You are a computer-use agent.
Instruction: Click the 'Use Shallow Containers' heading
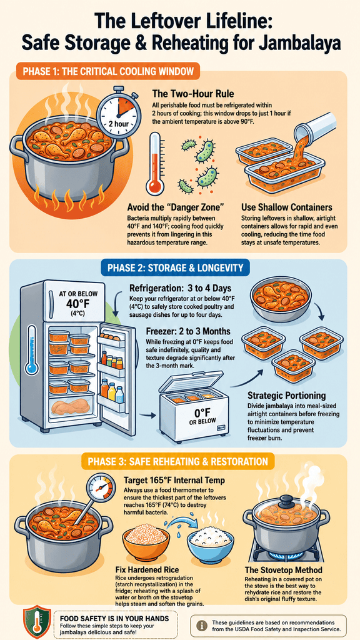pyautogui.click(x=286, y=207)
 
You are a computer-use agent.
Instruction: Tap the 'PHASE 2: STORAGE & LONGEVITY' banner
pyautogui.click(x=175, y=267)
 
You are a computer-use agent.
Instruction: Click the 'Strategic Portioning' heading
pyautogui.click(x=286, y=396)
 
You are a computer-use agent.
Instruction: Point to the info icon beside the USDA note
pyautogui.click(x=201, y=624)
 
